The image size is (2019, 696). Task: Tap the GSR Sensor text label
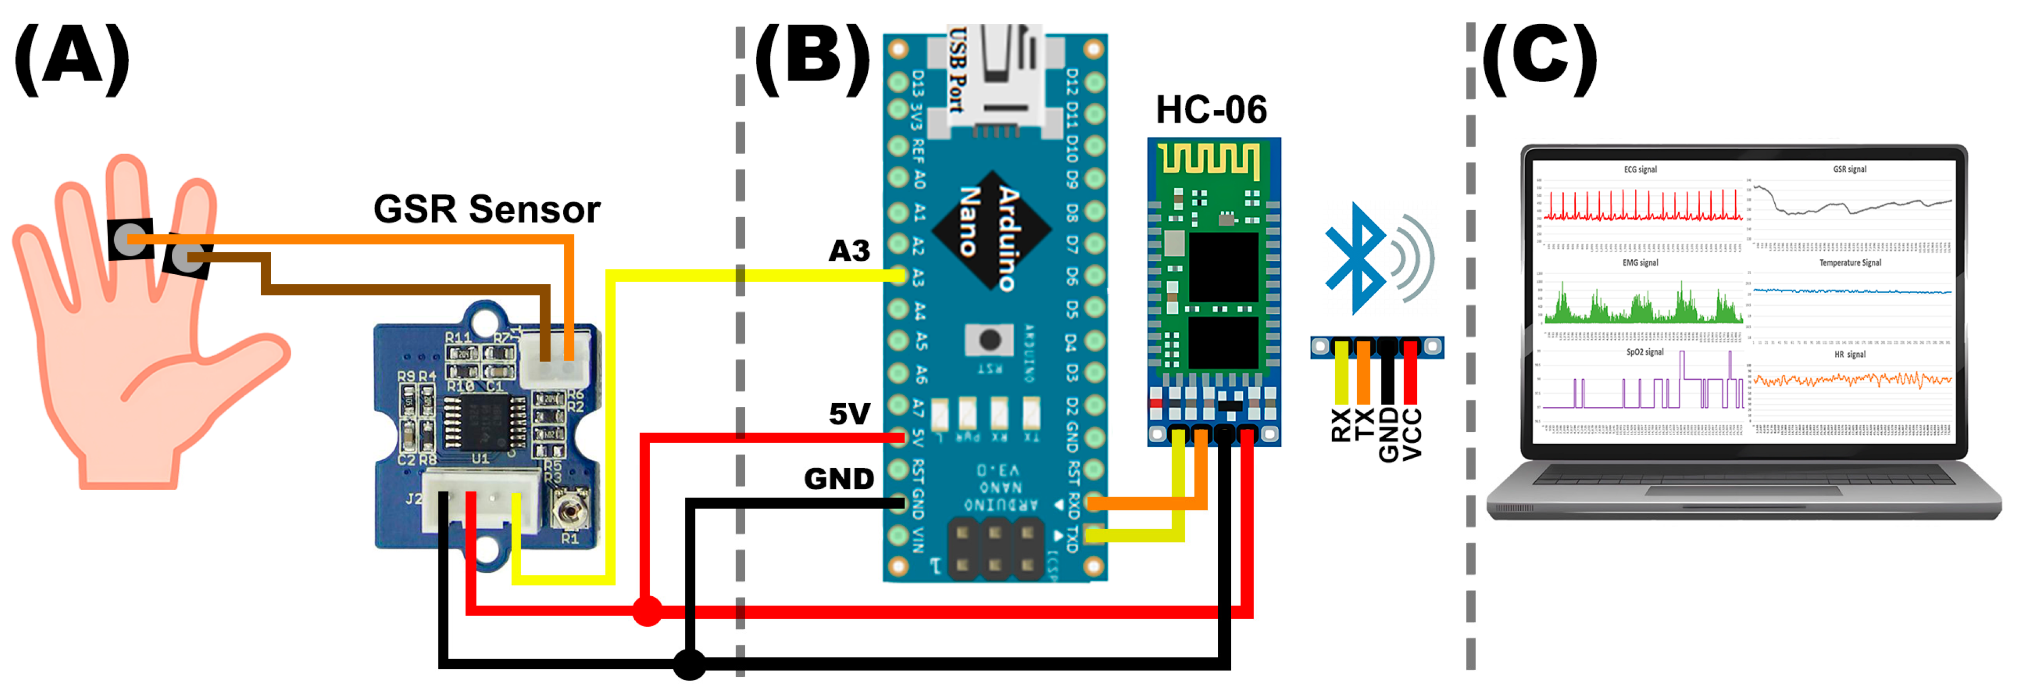tap(486, 209)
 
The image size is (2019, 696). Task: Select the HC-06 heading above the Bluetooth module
tap(1211, 110)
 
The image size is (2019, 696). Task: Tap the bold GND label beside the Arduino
tap(839, 479)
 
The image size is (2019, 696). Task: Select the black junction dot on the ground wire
tap(690, 664)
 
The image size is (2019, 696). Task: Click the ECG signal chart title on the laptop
tap(1640, 169)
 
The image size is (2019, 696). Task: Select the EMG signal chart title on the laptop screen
tap(1640, 262)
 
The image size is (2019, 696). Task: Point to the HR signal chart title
tap(1850, 354)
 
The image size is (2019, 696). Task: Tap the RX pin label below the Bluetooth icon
tap(1341, 426)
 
